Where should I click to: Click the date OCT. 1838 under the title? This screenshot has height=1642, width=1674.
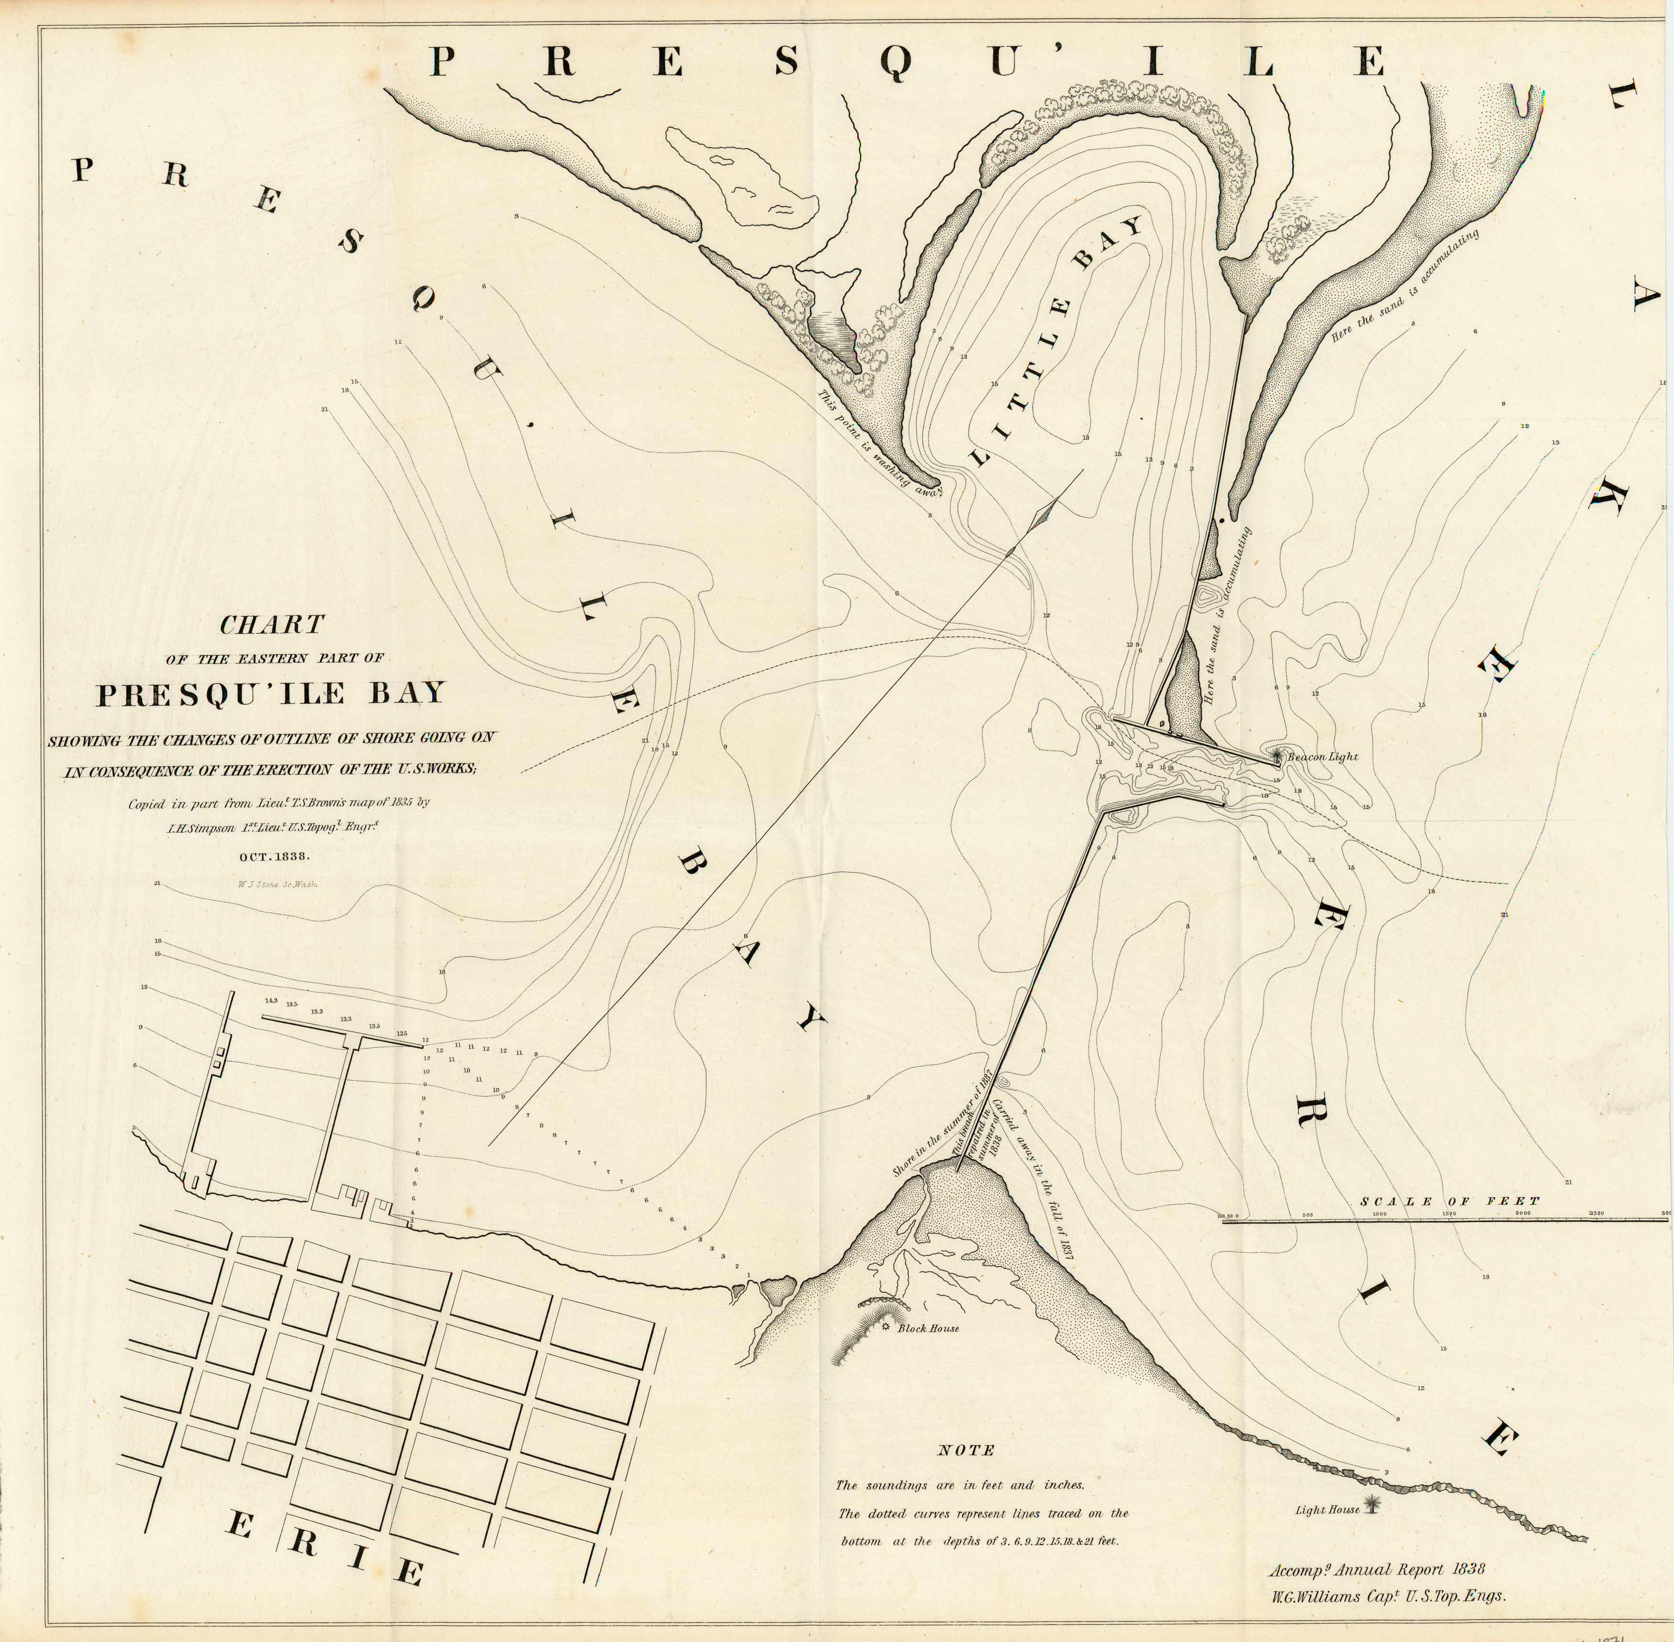point(274,856)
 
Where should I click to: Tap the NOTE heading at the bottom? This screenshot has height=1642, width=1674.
point(966,1451)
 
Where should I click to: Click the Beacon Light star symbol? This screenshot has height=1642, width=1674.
point(1277,755)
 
